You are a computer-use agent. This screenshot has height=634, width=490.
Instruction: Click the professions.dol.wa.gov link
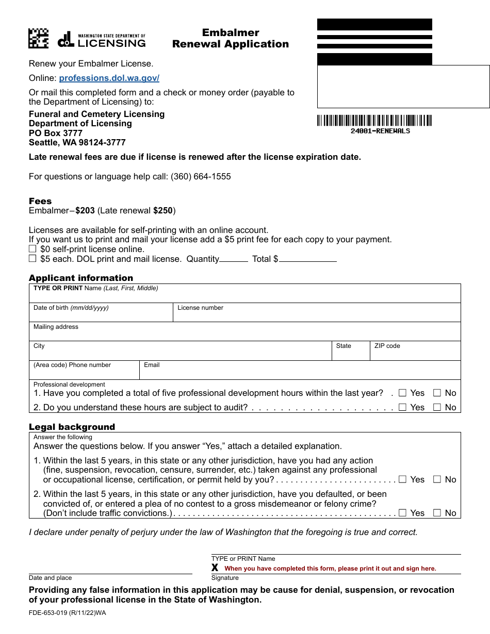(109, 78)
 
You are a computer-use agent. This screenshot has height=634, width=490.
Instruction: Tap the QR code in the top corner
(38, 38)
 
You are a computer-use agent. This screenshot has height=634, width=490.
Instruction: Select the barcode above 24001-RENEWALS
(374, 121)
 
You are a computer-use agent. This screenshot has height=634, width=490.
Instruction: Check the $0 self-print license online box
(32, 249)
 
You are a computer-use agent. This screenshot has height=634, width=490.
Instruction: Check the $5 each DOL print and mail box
(32, 259)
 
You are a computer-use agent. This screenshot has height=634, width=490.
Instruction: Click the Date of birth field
(101, 315)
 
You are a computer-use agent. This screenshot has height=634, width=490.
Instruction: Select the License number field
(316, 315)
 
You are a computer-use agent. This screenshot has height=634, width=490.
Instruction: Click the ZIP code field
(415, 353)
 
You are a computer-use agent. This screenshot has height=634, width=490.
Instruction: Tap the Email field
(299, 372)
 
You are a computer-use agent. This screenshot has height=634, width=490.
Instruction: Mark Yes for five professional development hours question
(403, 393)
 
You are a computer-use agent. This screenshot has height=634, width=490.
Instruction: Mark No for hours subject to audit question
(437, 407)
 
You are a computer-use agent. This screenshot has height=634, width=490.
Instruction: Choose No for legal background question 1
(437, 479)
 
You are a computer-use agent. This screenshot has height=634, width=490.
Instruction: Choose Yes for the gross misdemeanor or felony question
(403, 513)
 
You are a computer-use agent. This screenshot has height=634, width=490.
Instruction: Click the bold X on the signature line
(215, 568)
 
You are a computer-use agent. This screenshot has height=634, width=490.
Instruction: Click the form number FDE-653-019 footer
(67, 613)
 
